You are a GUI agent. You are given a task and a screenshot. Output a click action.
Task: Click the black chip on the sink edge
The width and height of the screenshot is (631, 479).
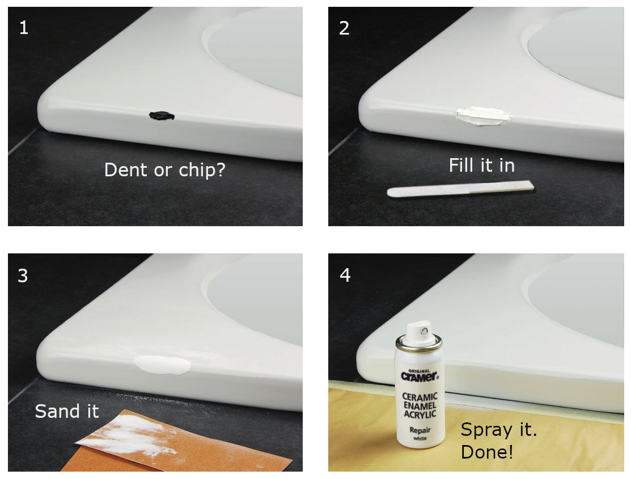pyautogui.click(x=162, y=116)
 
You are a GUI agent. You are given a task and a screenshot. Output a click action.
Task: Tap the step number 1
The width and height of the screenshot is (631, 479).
pyautogui.click(x=24, y=28)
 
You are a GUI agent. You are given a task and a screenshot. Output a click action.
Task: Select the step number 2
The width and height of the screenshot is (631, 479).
pyautogui.click(x=344, y=28)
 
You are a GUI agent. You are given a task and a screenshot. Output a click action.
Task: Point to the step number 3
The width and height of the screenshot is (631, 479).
pyautogui.click(x=23, y=275)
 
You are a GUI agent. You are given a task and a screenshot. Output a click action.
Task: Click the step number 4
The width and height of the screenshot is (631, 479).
pyautogui.click(x=345, y=275)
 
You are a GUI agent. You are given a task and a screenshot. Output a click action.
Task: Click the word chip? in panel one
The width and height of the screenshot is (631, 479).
pyautogui.click(x=202, y=170)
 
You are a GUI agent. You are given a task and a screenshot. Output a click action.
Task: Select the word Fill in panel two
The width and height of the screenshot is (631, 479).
pyautogui.click(x=462, y=166)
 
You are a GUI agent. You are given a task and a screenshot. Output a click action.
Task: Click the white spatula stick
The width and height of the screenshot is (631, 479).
pyautogui.click(x=460, y=189)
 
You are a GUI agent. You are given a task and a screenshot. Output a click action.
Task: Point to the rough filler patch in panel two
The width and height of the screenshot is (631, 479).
pyautogui.click(x=482, y=116)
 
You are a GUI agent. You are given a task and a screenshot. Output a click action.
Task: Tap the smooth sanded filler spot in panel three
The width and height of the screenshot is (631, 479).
pyautogui.click(x=162, y=364)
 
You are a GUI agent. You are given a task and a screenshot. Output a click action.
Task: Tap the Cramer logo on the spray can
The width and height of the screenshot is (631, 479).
pyautogui.click(x=420, y=376)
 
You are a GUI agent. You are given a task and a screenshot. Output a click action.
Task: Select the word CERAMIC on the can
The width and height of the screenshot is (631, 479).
pyautogui.click(x=420, y=397)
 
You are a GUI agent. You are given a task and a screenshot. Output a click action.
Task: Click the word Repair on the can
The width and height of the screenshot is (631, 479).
pyautogui.click(x=420, y=430)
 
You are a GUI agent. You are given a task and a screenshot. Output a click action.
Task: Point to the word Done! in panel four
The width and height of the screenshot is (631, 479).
pyautogui.click(x=487, y=452)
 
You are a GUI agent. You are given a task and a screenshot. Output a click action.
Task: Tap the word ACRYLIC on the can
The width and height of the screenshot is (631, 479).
pyautogui.click(x=420, y=414)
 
